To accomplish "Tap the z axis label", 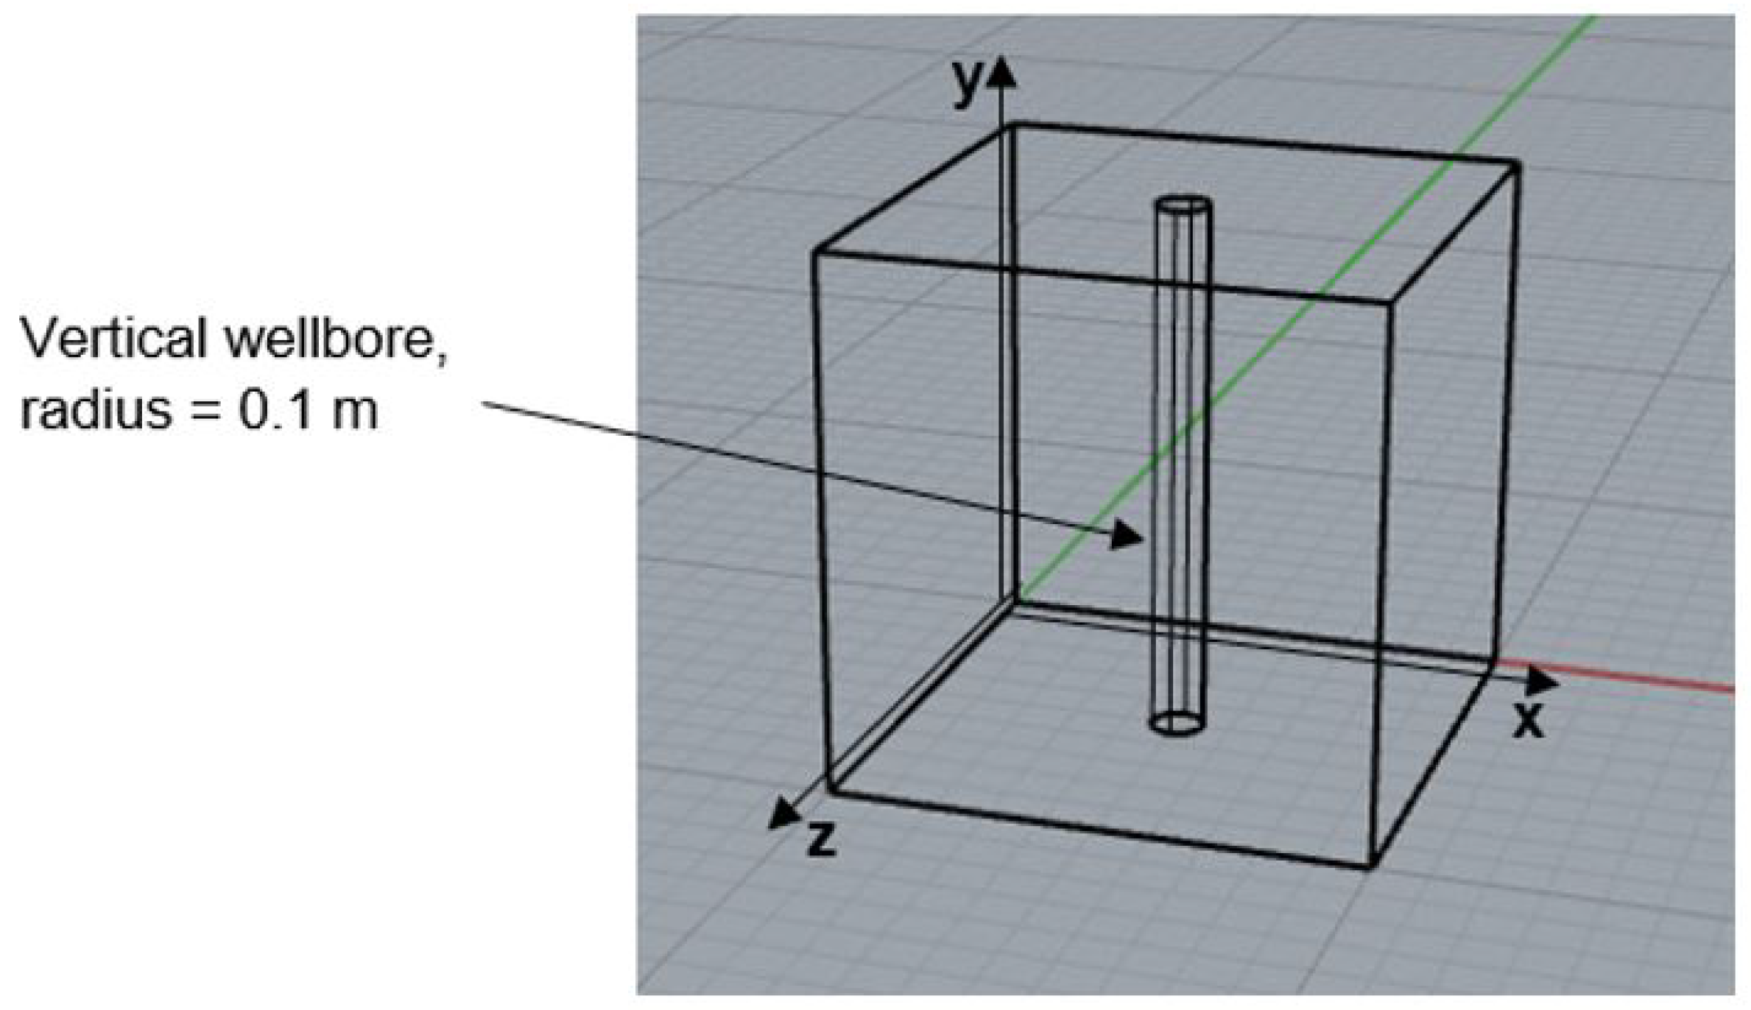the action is pyautogui.click(x=822, y=840).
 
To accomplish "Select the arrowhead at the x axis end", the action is pyautogui.click(x=1542, y=680).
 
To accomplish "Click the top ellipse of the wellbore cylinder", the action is pyautogui.click(x=1183, y=205).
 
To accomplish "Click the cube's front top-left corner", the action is pyautogui.click(x=816, y=252).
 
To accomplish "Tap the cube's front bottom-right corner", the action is pyautogui.click(x=1371, y=866).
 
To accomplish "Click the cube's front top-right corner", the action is pyautogui.click(x=1389, y=301).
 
